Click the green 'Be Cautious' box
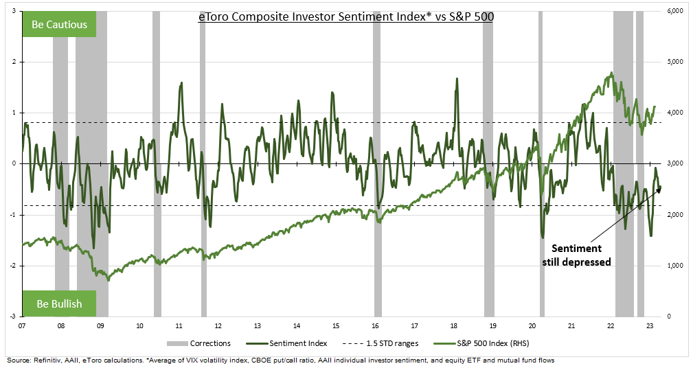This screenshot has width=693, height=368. point(60,25)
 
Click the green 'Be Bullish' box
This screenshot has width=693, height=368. point(59,303)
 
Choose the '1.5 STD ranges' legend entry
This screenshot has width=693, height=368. point(389,343)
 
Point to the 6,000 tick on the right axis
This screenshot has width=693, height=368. point(675,11)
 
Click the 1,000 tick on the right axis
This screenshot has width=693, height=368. point(675,266)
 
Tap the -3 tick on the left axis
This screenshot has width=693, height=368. point(13,317)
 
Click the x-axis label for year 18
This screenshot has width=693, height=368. point(453,326)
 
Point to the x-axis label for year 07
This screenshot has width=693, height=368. point(23,326)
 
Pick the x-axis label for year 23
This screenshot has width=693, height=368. point(650,326)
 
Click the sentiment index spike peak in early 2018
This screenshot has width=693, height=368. point(457,79)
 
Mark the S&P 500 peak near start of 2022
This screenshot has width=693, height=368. point(611,73)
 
